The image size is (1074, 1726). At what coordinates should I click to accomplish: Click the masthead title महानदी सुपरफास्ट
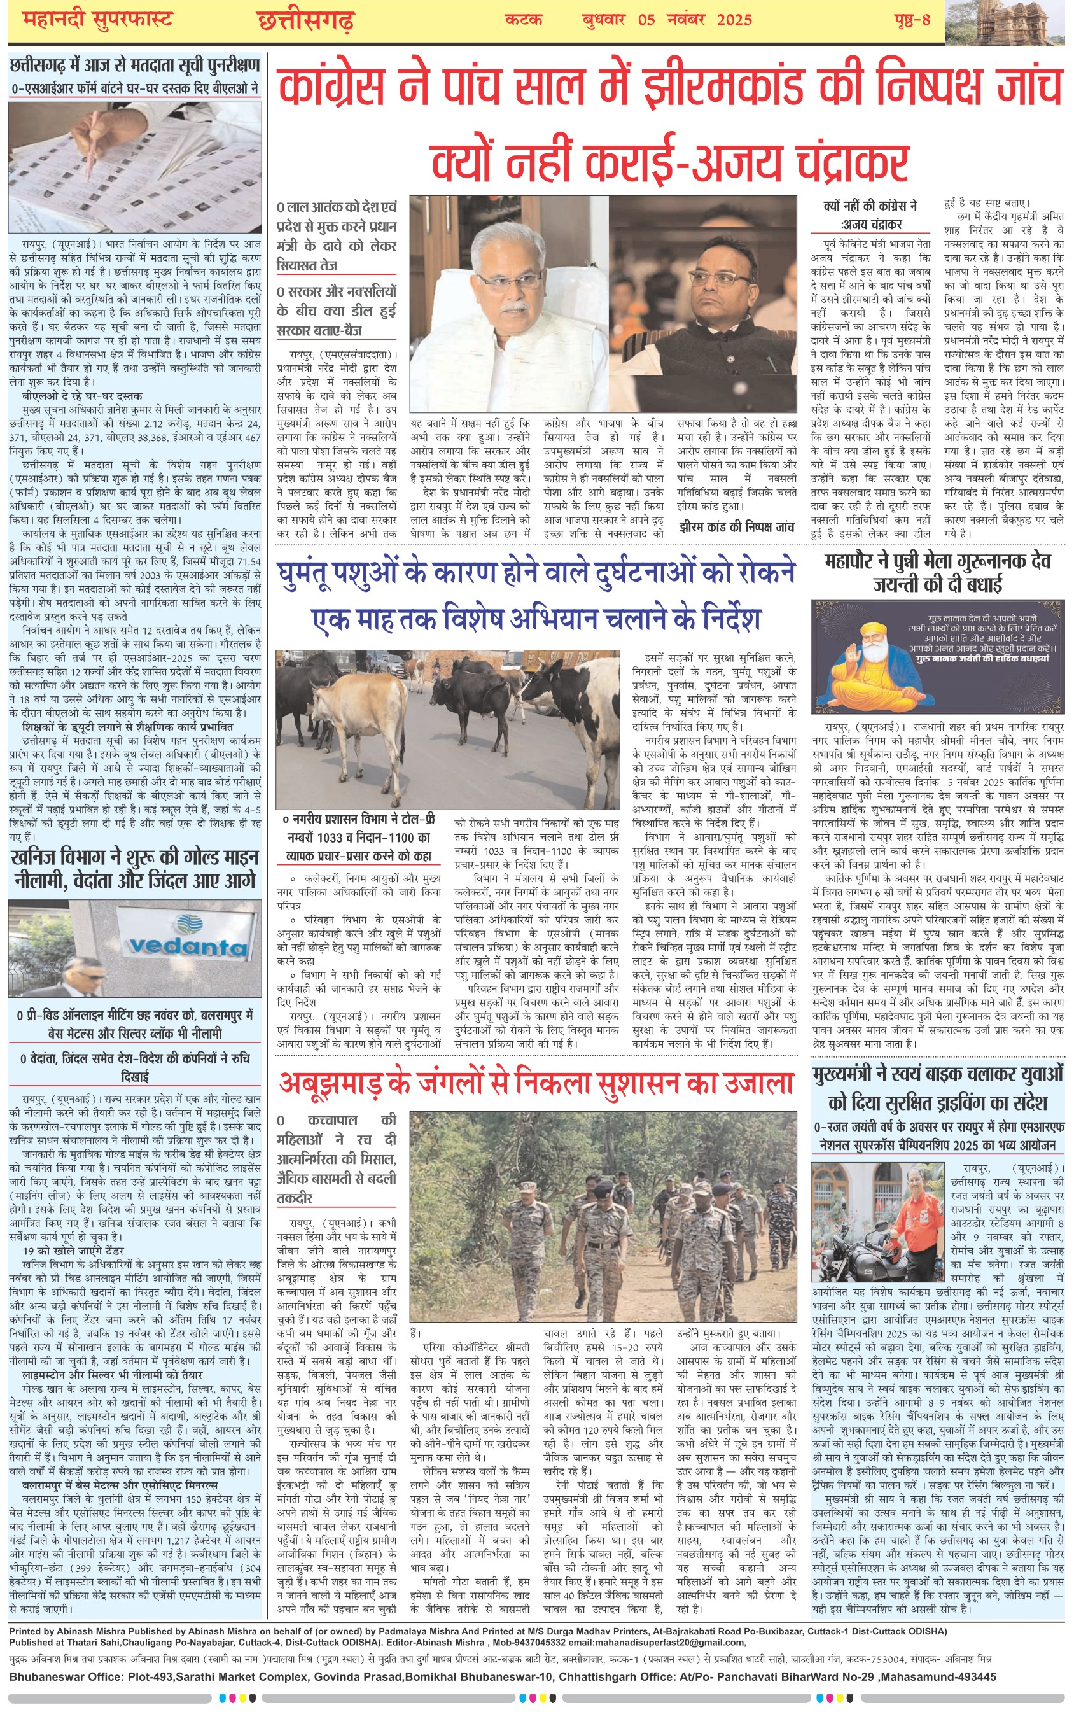coord(97,19)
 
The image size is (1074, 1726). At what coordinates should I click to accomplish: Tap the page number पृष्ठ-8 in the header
coord(911,19)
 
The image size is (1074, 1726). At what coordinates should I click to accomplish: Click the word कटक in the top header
coord(524,19)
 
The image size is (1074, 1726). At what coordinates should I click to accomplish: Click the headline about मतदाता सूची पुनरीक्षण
coord(135,66)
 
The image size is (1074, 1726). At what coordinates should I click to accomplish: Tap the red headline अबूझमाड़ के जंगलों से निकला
coord(536,1083)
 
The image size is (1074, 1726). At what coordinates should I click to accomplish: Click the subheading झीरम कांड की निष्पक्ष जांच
coord(737,526)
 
